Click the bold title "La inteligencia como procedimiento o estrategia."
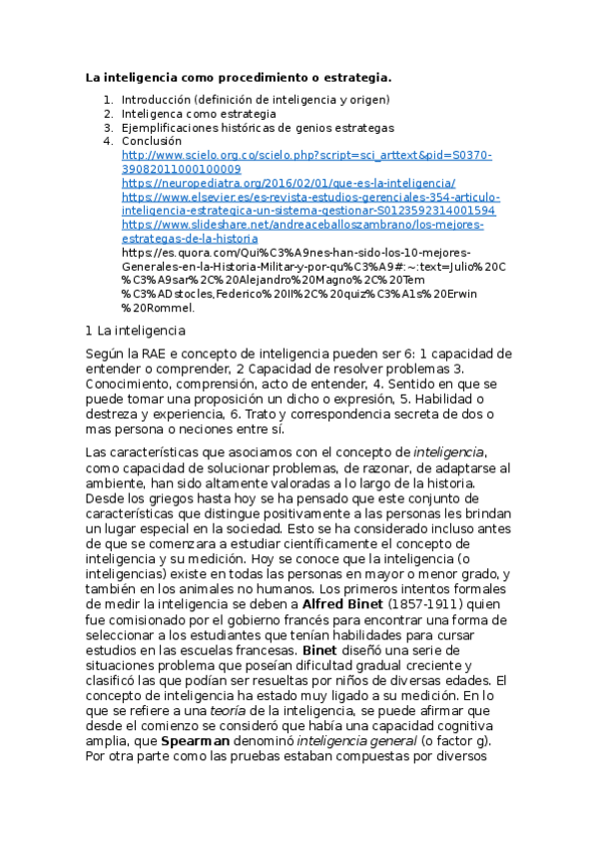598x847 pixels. tap(238, 77)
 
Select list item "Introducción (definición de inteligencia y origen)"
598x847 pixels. tap(255, 100)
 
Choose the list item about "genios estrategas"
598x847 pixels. tap(258, 128)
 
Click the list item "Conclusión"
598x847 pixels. tap(152, 142)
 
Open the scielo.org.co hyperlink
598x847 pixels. tap(306, 163)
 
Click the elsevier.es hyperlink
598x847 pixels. tap(307, 205)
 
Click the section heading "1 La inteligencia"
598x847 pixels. tap(136, 331)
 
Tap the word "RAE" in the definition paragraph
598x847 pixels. tap(167, 354)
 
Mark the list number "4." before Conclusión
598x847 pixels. tap(109, 142)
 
